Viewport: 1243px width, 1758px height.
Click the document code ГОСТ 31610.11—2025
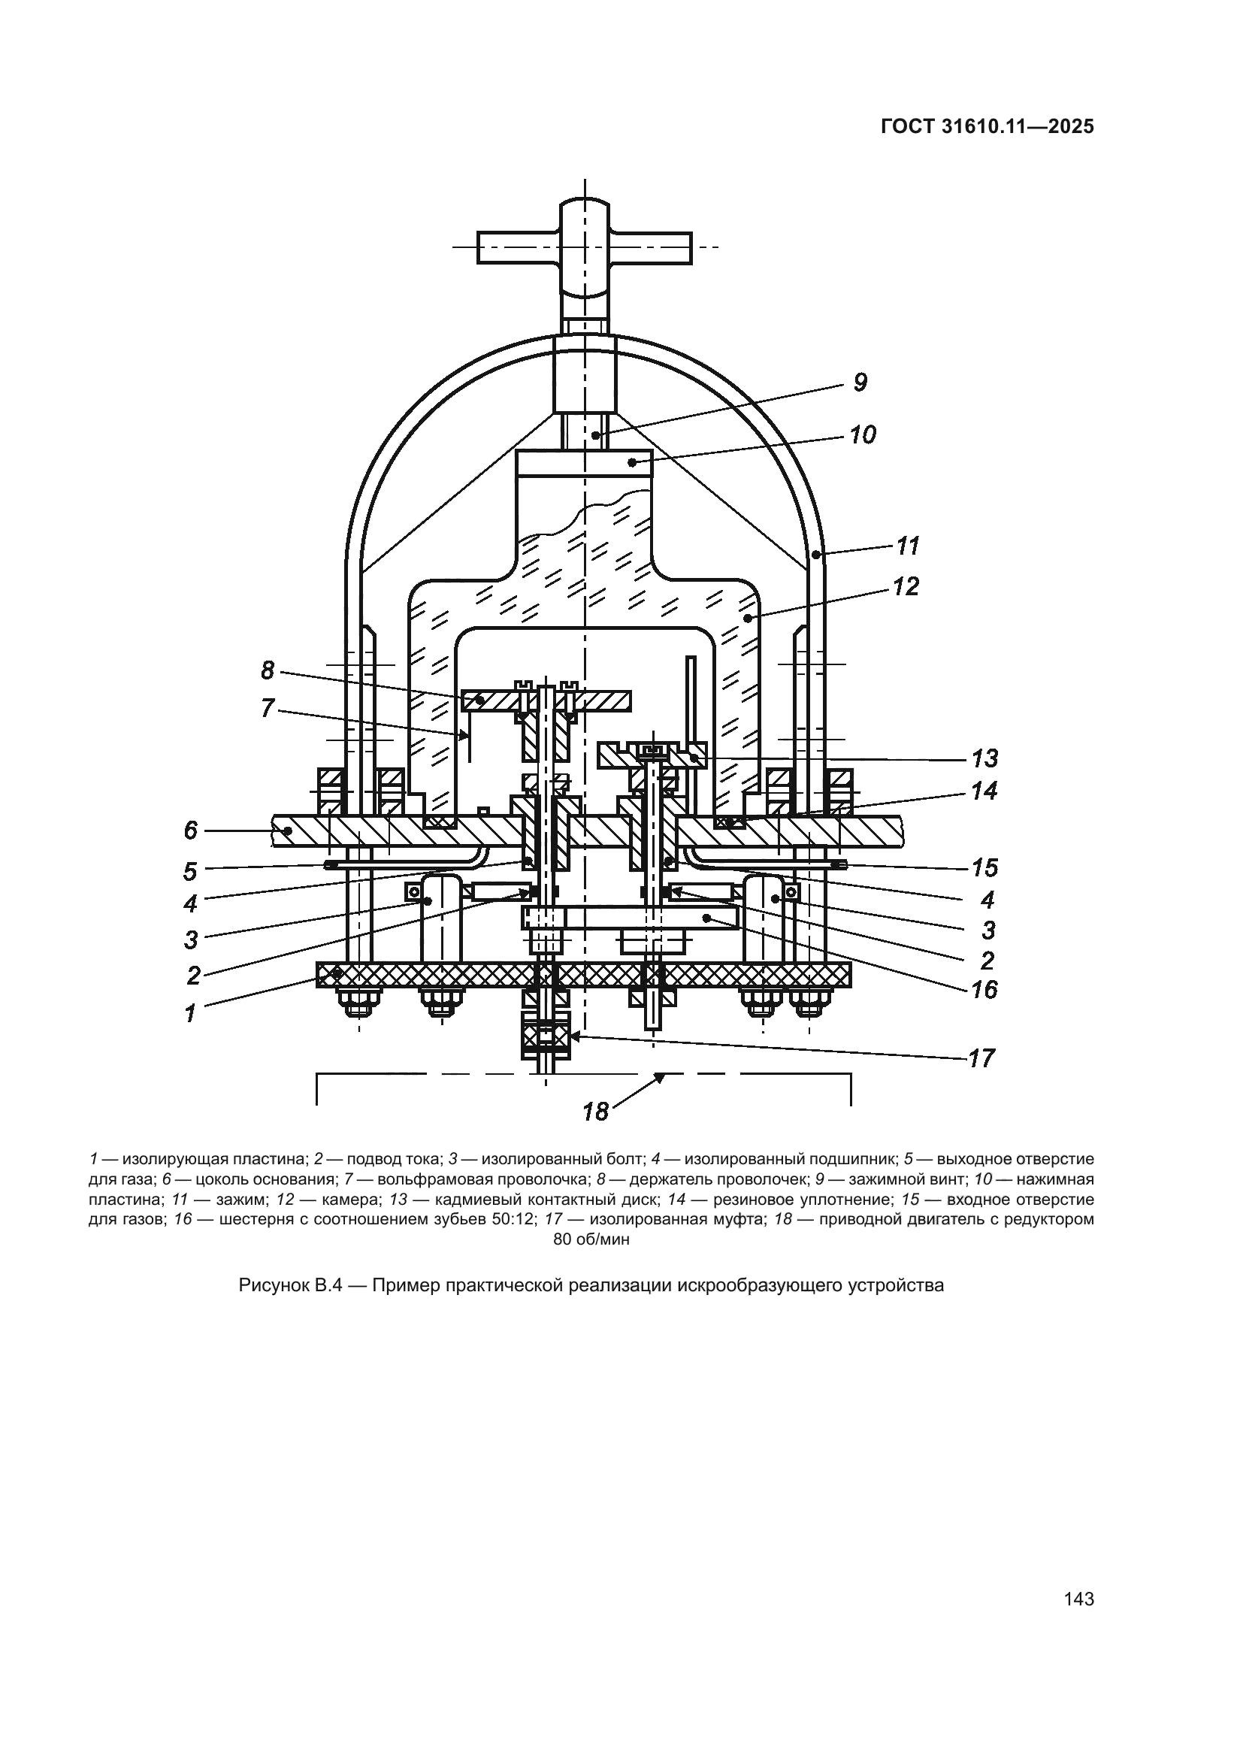(987, 127)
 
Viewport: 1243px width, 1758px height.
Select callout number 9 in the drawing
(860, 383)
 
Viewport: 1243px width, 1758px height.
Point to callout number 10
(863, 435)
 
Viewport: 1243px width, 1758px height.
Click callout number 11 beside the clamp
(908, 546)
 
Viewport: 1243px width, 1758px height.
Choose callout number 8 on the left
(267, 670)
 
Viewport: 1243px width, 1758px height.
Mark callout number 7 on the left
(266, 708)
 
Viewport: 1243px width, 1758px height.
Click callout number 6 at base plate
(191, 830)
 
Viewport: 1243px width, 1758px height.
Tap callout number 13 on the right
(984, 759)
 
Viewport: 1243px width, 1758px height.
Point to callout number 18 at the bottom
(595, 1111)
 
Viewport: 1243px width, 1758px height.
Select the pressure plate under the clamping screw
(584, 462)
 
